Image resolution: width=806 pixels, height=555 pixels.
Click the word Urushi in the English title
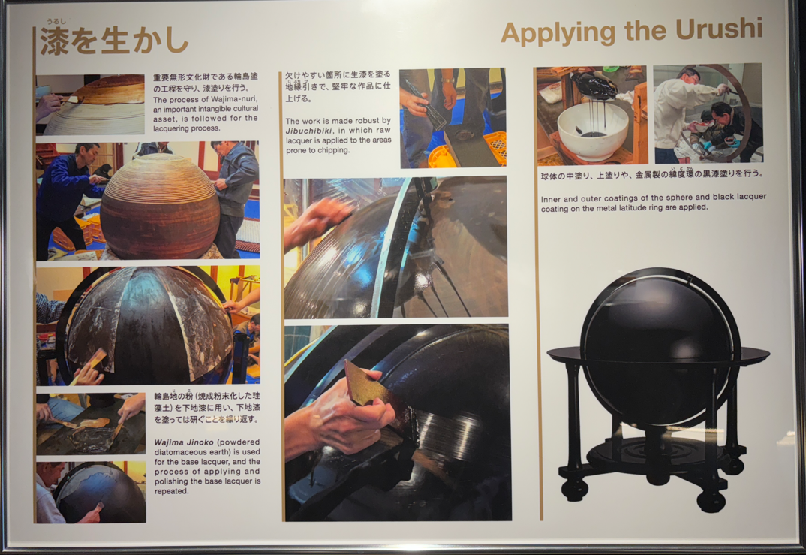click(719, 29)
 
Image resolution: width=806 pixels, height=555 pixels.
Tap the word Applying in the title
click(557, 34)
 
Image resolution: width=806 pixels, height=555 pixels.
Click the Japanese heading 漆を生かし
click(114, 41)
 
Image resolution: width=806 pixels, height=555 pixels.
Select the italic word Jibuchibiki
click(309, 131)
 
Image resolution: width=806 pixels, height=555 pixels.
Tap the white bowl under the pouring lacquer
click(593, 131)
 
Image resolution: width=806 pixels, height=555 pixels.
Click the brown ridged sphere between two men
click(160, 207)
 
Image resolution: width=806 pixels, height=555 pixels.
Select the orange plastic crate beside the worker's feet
click(495, 148)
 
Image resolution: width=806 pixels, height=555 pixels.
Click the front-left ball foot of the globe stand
click(574, 489)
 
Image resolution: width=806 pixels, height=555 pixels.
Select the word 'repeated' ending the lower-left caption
click(172, 491)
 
